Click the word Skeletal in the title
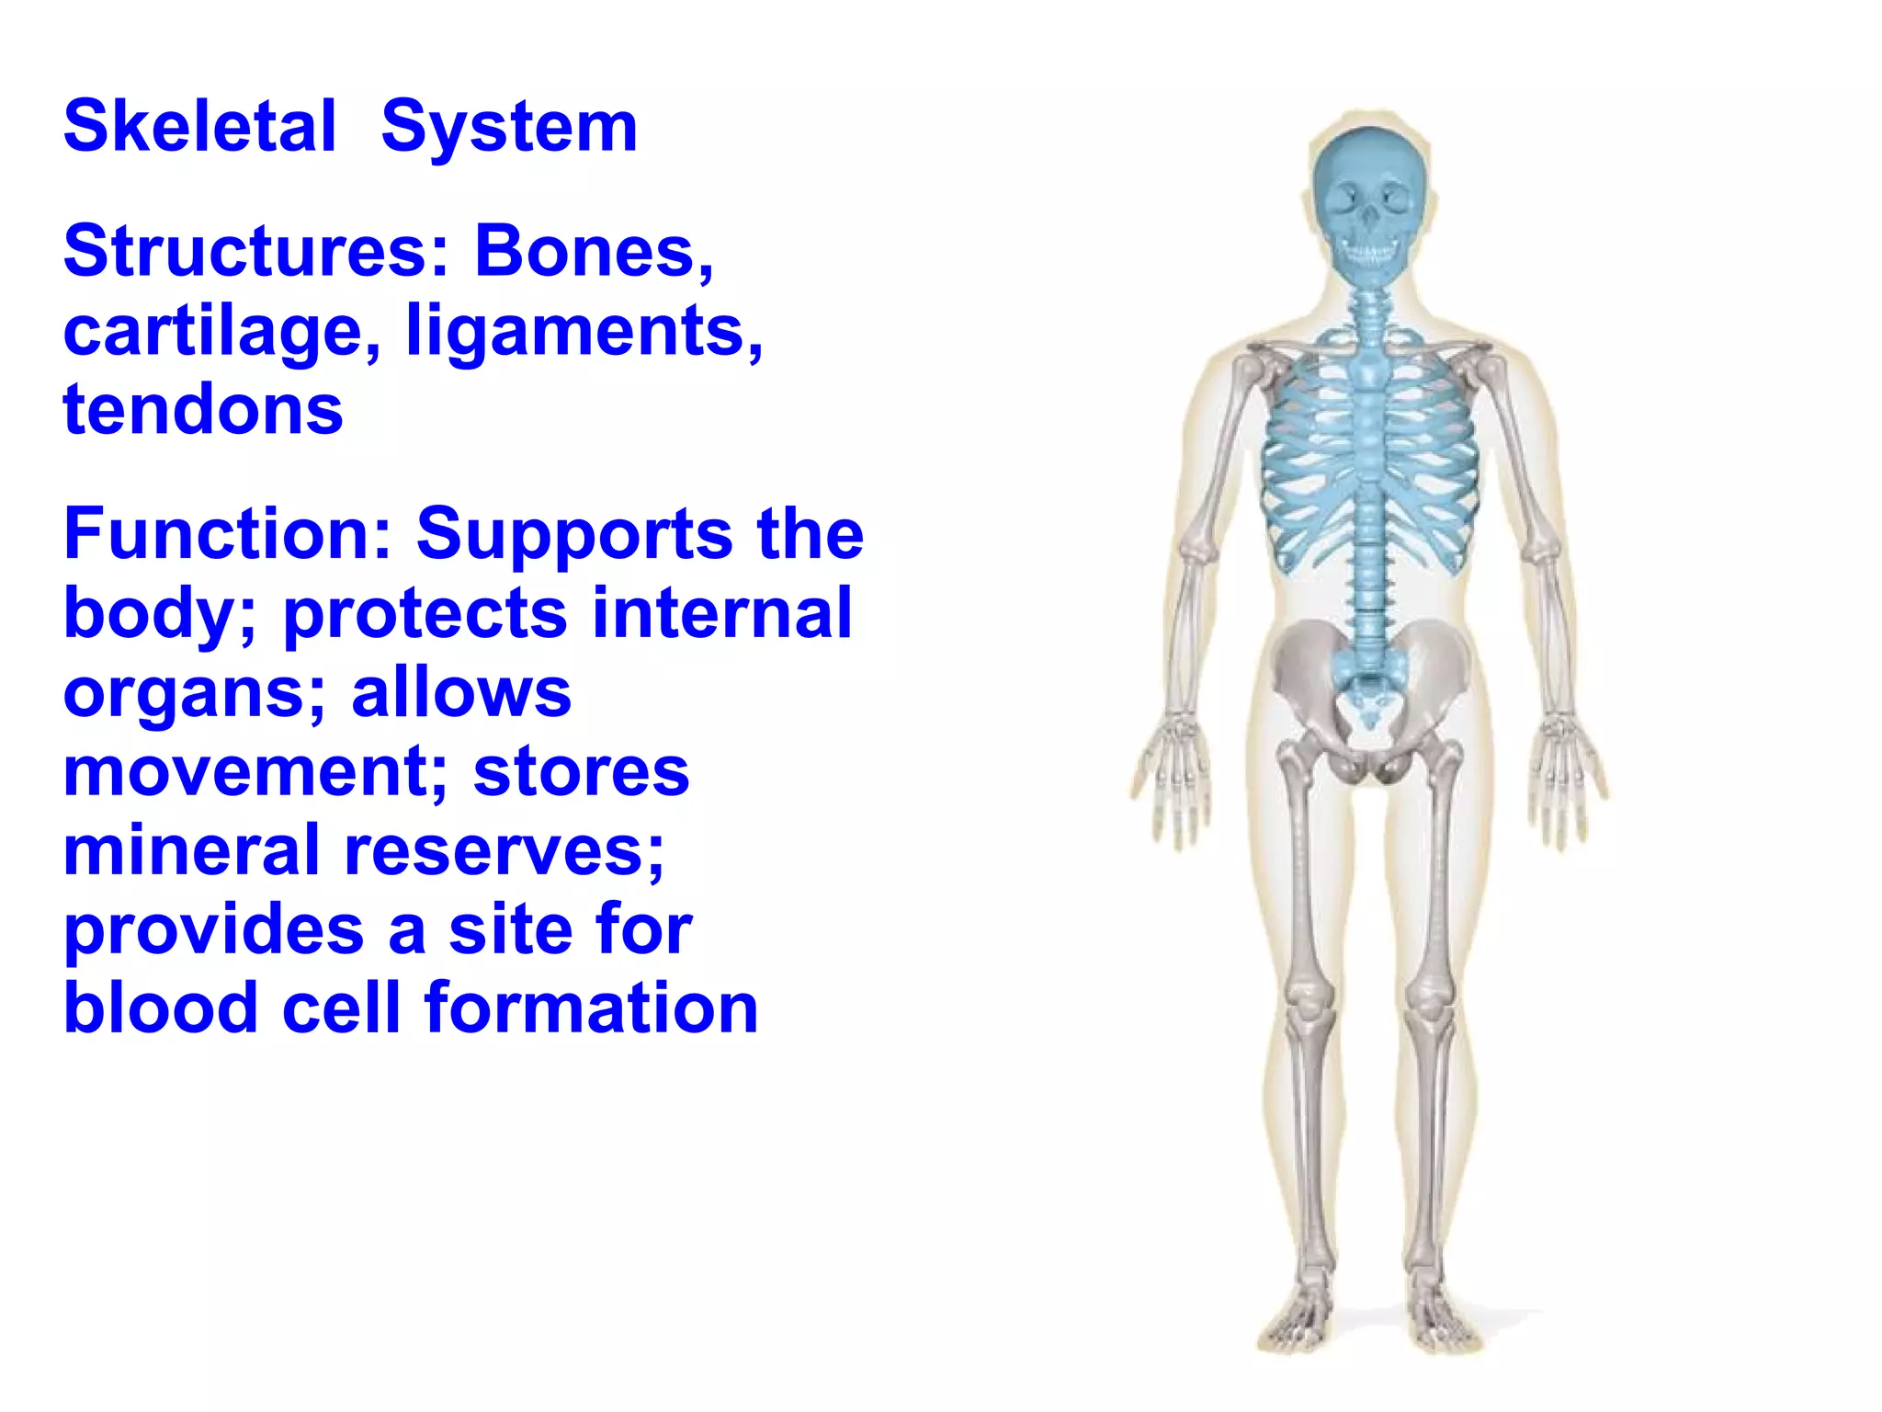tap(199, 127)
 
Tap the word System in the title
tap(508, 127)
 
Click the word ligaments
tap(584, 331)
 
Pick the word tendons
tap(203, 410)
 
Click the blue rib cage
tap(1369, 460)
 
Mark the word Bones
tap(594, 251)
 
